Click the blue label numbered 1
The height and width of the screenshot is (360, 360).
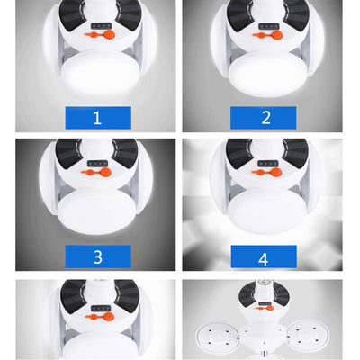click(x=98, y=118)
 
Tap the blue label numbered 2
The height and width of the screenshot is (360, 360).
click(x=263, y=118)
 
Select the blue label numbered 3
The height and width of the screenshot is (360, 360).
click(x=98, y=256)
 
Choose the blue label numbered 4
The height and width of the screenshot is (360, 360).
click(x=264, y=256)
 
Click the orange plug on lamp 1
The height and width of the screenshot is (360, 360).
click(x=101, y=35)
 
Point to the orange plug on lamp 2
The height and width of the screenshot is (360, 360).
click(x=268, y=36)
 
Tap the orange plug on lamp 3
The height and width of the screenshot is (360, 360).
click(x=96, y=172)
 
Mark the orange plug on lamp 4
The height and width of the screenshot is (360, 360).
click(x=266, y=172)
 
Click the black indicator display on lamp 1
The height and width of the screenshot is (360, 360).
click(x=102, y=26)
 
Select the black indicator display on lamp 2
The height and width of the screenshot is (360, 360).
click(x=269, y=27)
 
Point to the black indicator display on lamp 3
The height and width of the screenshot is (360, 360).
click(x=97, y=164)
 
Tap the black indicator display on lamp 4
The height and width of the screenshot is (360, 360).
click(x=267, y=164)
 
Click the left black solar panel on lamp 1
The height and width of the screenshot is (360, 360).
click(x=73, y=14)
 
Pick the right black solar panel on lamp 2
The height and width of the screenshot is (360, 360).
click(x=295, y=15)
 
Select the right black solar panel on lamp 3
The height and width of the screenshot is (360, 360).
click(x=125, y=152)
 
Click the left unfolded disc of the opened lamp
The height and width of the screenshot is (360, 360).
click(x=218, y=337)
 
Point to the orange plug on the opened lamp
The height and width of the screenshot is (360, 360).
click(x=265, y=308)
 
